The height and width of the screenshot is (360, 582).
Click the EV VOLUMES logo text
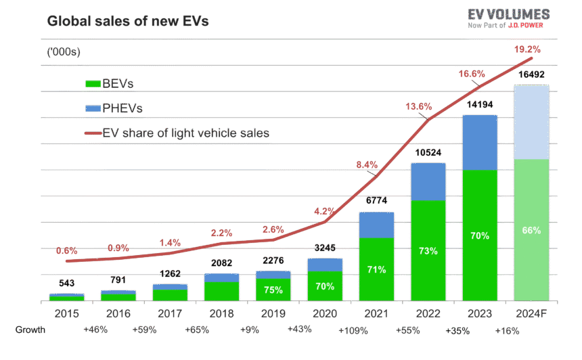coord(508,14)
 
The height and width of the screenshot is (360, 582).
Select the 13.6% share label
coord(419,106)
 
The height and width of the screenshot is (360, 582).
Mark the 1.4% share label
coord(170,242)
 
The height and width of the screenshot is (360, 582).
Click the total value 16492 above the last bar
coord(531,75)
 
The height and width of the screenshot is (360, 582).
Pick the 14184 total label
coord(480,105)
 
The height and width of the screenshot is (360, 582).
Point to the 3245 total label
coord(325,248)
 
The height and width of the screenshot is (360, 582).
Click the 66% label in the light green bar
coord(531,230)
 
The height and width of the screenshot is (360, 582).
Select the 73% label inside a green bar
coord(428,251)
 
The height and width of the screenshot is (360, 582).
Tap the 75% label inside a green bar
coord(273,290)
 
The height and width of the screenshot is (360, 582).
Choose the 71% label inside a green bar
coord(376,269)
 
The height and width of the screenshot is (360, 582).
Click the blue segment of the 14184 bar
coord(480,142)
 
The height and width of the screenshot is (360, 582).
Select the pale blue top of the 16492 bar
coord(531,122)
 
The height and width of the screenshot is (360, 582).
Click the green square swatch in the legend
coord(93,84)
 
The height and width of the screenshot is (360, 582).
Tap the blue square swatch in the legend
coord(93,108)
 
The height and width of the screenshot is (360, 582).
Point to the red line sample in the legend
coord(93,133)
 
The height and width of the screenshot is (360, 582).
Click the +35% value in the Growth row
coord(457,331)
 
